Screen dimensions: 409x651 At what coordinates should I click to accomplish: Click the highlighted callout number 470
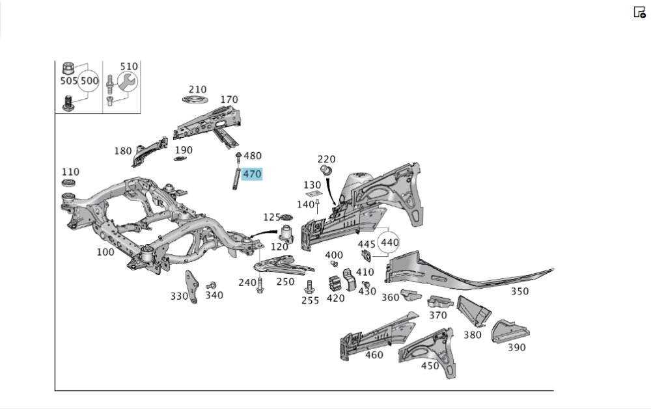(251, 174)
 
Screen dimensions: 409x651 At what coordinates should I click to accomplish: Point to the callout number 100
(105, 252)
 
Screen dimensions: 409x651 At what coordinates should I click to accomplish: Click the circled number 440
(389, 242)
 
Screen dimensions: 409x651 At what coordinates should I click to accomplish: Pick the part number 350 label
(519, 291)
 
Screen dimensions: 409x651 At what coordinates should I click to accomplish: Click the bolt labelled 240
(260, 285)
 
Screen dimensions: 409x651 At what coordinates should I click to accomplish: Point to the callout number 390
(516, 347)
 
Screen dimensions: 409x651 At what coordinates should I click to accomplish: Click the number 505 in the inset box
(68, 82)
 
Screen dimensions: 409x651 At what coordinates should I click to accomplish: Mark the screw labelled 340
(211, 285)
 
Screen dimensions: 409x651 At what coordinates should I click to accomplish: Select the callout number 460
(374, 354)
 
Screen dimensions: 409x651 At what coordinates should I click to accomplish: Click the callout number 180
(123, 151)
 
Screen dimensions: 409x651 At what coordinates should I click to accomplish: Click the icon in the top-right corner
(639, 12)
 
